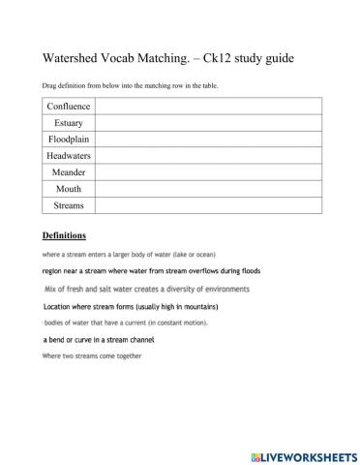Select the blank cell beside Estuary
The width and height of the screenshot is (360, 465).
pyautogui.click(x=206, y=123)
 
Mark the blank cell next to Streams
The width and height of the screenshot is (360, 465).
pyautogui.click(x=206, y=205)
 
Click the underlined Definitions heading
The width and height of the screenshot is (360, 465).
pyautogui.click(x=64, y=235)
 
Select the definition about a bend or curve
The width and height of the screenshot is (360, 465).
pyautogui.click(x=99, y=340)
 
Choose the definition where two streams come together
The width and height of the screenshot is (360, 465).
pyautogui.click(x=92, y=356)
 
